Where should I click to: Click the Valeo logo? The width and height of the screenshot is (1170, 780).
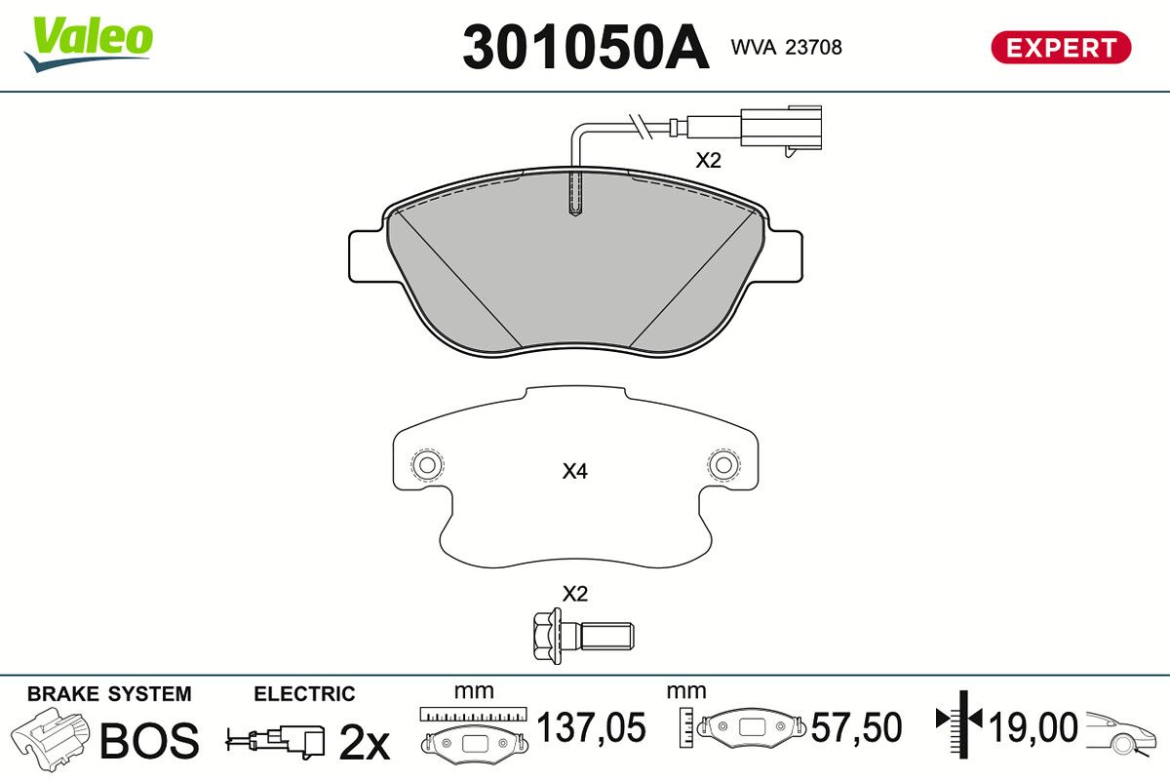pos(89,44)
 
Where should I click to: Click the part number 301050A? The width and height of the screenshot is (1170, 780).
pos(586,47)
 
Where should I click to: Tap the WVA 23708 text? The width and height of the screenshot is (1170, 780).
pos(786,48)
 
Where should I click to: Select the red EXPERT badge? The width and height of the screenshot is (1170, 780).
pos(1061,48)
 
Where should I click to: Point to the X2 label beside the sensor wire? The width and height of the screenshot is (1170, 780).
pos(708,161)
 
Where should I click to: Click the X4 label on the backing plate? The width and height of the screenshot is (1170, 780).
pos(574,472)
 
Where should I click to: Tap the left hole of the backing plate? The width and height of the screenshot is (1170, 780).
pos(427,464)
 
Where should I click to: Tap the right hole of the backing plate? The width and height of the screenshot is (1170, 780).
pos(723,464)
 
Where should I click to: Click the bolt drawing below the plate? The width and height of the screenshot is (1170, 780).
pos(583,637)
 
